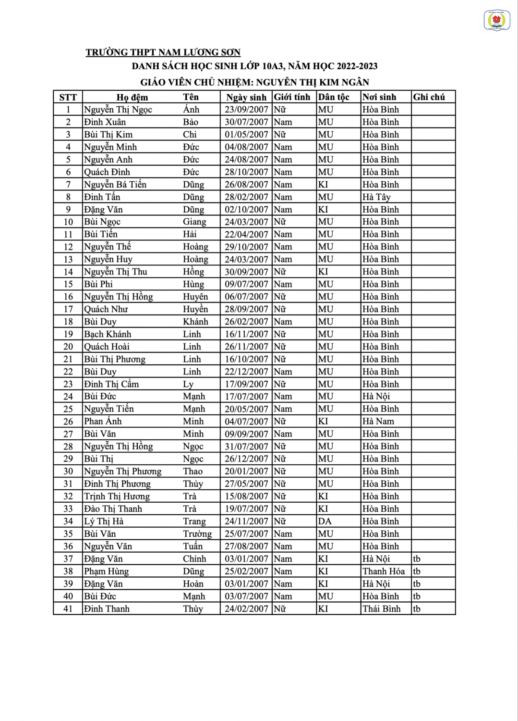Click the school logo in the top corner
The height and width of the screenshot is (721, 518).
[496, 21]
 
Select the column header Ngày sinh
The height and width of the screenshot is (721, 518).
[246, 97]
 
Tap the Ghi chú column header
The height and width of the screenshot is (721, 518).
[429, 97]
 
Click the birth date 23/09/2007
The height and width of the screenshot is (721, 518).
[246, 110]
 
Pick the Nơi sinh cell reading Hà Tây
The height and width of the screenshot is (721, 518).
[376, 197]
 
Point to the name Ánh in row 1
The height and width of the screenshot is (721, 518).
[191, 110]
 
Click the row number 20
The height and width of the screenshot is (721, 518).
[68, 347]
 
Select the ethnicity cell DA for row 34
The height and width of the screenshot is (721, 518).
[325, 522]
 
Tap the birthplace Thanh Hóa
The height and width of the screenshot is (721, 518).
[383, 572]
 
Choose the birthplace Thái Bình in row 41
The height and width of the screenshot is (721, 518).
[381, 609]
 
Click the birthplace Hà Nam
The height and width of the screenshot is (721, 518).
[378, 422]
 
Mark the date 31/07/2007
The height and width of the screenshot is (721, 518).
[246, 447]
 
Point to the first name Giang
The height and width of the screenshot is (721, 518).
[194, 222]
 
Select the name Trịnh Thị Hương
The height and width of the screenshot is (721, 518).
[117, 497]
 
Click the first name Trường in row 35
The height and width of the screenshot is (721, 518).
[197, 534]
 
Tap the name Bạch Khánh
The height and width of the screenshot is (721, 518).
[107, 334]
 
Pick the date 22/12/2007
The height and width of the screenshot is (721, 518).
[246, 372]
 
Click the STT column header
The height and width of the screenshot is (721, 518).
[68, 97]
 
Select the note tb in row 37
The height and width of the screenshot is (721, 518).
[416, 559]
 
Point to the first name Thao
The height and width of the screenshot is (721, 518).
[193, 472]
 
